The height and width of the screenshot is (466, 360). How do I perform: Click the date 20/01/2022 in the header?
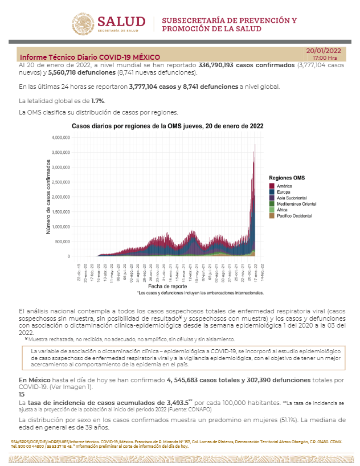click(324, 51)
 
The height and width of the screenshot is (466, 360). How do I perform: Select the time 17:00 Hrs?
click(325, 58)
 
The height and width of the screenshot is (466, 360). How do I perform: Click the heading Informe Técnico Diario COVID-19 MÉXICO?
click(90, 58)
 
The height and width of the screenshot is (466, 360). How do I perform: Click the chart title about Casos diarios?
click(167, 125)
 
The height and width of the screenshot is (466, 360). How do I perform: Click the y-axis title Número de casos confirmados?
click(48, 197)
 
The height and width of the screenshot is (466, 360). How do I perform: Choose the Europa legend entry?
click(284, 191)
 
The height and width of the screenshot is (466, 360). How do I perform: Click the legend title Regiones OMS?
click(287, 178)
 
